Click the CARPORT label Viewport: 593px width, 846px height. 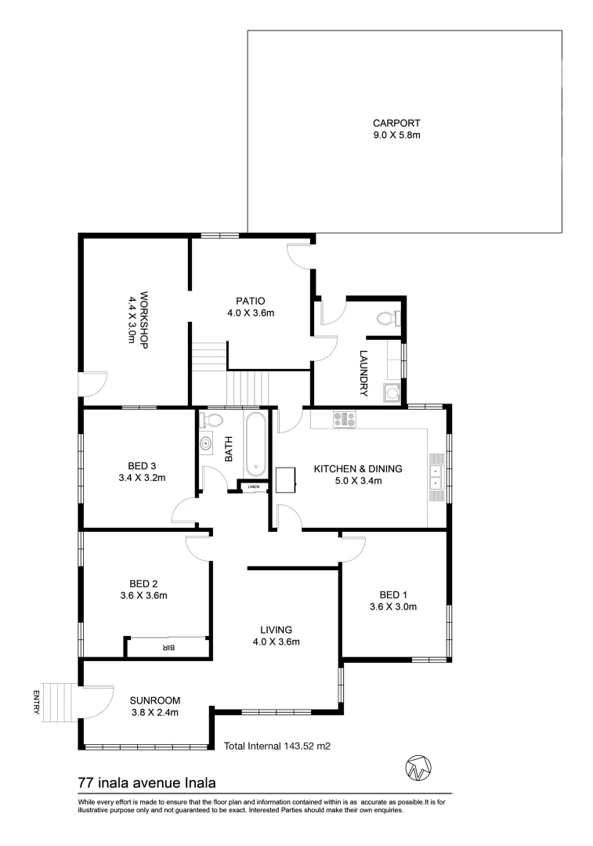(x=396, y=123)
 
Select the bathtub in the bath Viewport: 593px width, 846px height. (x=256, y=446)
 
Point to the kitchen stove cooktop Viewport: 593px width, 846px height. (x=345, y=420)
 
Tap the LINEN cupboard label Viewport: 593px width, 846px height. (x=252, y=487)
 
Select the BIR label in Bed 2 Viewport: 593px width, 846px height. (x=167, y=647)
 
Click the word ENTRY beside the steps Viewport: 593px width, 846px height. (x=35, y=702)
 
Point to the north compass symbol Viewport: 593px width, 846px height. (x=418, y=768)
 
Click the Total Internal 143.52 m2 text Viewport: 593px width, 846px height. (x=277, y=747)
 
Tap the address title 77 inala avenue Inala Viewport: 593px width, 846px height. (x=146, y=782)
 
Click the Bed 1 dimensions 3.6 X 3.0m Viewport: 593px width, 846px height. (x=392, y=606)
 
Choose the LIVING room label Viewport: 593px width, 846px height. (x=277, y=629)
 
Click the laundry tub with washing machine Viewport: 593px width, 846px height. (x=391, y=392)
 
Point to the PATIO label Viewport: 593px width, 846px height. (x=250, y=300)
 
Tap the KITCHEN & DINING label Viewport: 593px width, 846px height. (x=358, y=468)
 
